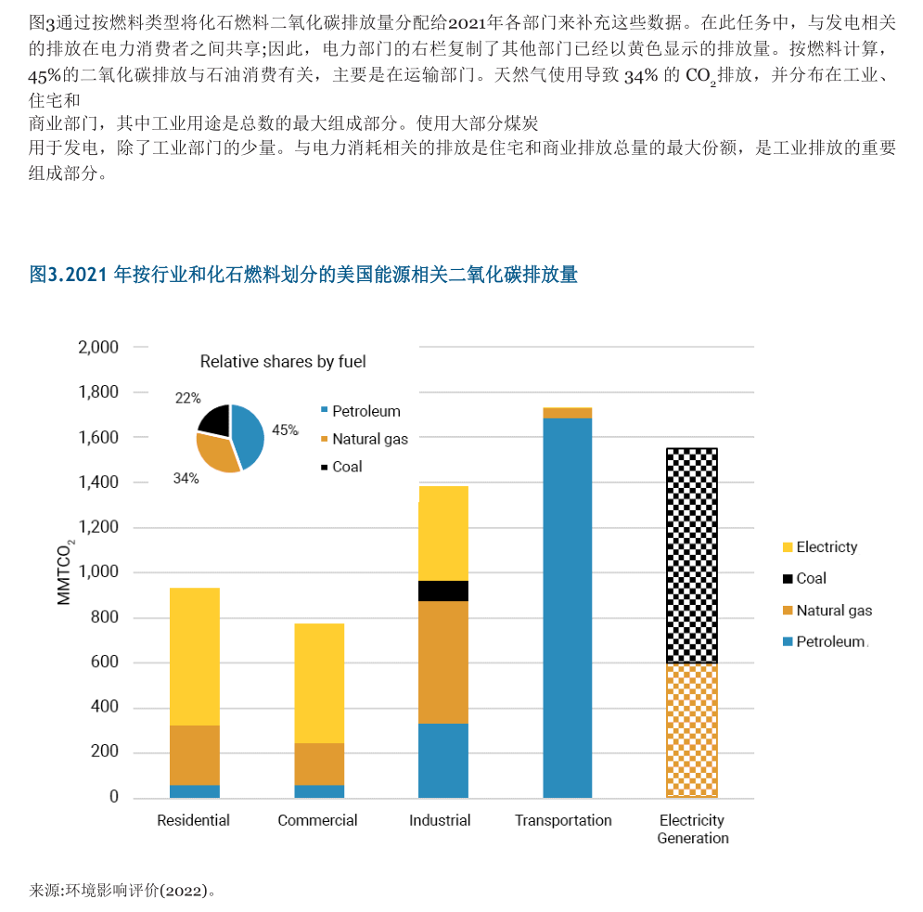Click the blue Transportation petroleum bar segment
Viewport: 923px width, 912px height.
tap(567, 608)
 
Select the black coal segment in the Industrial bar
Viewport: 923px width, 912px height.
tap(442, 591)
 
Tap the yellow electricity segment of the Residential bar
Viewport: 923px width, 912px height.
tap(194, 656)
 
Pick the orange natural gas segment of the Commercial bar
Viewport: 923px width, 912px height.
tap(318, 764)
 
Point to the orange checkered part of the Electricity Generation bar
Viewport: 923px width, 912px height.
tap(692, 730)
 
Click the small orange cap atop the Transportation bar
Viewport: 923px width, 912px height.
tap(567, 413)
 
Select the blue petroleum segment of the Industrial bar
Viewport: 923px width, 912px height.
tap(442, 760)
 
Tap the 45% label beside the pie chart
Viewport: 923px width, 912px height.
tap(285, 430)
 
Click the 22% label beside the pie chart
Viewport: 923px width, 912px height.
tap(187, 398)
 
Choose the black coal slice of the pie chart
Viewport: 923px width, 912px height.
tap(215, 419)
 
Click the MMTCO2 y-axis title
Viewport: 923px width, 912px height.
tap(65, 572)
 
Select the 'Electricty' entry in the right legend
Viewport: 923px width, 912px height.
tap(827, 547)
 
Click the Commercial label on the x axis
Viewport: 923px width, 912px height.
tap(317, 820)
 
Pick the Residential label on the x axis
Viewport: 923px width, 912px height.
tap(193, 820)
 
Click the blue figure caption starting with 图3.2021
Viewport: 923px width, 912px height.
tap(303, 275)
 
